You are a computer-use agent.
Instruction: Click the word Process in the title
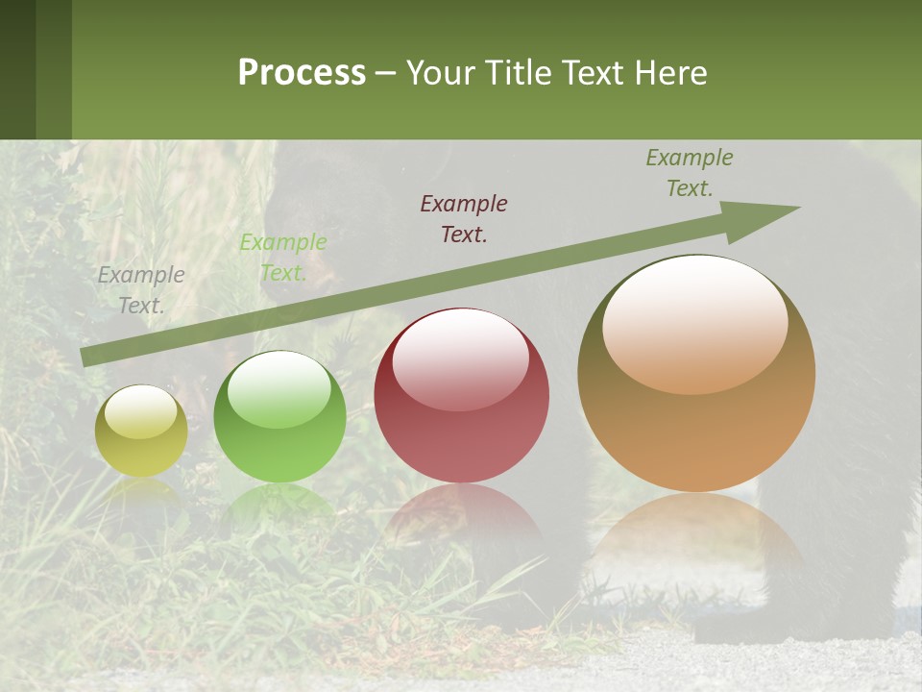tap(302, 73)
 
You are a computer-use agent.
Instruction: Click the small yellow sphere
tap(141, 432)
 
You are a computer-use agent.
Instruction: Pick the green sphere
tap(279, 417)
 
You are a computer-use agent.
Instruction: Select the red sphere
tap(461, 396)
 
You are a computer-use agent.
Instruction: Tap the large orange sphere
tap(696, 374)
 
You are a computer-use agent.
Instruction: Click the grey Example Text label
tap(141, 290)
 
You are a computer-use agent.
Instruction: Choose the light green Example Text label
tap(282, 258)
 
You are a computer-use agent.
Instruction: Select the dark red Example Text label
tap(464, 218)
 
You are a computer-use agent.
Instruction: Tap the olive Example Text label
tap(690, 173)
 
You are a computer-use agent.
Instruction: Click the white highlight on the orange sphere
tap(694, 325)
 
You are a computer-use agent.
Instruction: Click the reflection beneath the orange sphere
tap(696, 538)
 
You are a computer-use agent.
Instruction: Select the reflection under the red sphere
tap(461, 514)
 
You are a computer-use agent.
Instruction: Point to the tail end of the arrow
tap(86, 357)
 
